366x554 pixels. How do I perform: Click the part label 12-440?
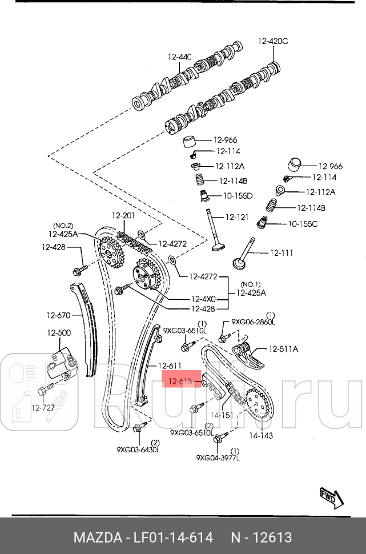point(179,57)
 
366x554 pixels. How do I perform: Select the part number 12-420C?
point(273,41)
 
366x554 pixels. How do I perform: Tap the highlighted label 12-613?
point(179,379)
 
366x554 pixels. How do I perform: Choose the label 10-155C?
point(303,223)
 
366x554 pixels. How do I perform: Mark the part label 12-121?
point(237,217)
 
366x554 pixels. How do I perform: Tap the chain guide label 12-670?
point(58,315)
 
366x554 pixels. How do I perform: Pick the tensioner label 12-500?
point(59,332)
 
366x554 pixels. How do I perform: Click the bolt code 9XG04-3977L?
point(218,457)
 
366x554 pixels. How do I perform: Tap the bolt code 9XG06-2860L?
point(253,322)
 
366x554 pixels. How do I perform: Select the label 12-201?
point(123,215)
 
